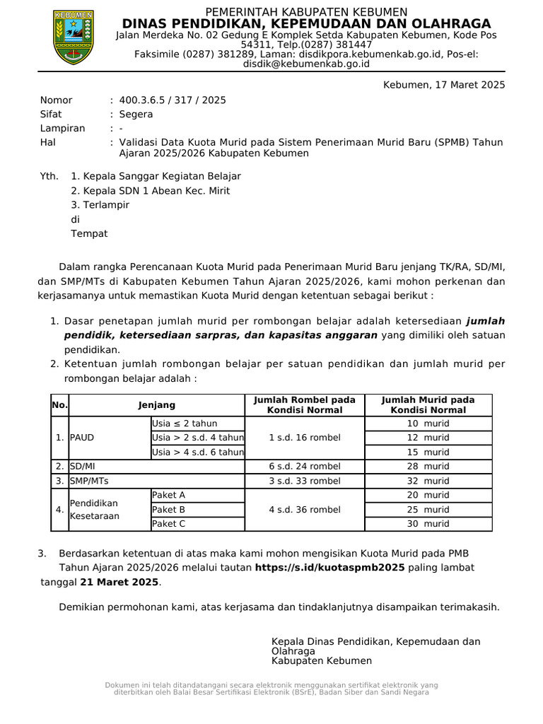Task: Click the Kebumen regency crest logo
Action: point(74,37)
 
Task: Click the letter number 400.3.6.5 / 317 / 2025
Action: point(173,100)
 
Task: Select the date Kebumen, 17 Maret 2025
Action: point(444,85)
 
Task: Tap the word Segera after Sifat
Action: point(136,114)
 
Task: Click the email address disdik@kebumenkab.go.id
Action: point(306,64)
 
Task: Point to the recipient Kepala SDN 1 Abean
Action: point(150,191)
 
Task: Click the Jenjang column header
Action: point(157,405)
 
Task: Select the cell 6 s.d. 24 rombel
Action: point(305,467)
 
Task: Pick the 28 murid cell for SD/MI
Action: point(428,467)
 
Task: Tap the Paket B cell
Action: point(169,510)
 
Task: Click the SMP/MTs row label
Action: point(89,481)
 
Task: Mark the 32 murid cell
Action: point(428,481)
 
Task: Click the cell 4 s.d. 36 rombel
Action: point(305,510)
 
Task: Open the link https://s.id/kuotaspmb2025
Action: point(329,568)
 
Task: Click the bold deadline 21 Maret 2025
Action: point(119,583)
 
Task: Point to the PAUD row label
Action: point(81,438)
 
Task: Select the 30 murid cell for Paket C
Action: point(428,524)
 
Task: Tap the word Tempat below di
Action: point(89,234)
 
